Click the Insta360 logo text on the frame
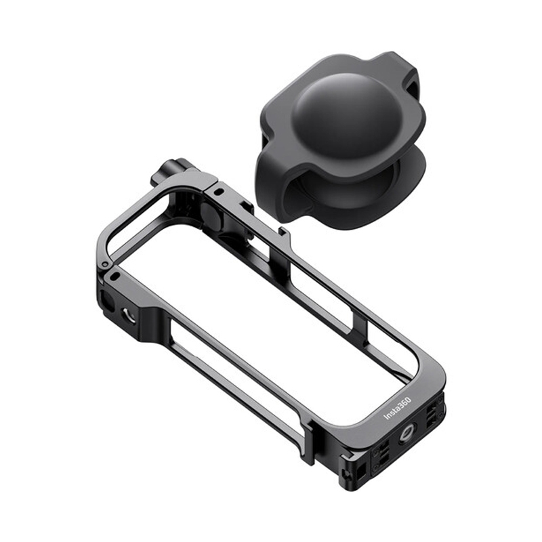click(x=397, y=409)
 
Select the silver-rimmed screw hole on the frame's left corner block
click(x=129, y=316)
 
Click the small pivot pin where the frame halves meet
click(x=105, y=264)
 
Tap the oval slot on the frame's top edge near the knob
click(x=218, y=190)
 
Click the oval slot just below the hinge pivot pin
click(x=115, y=276)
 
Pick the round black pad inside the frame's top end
click(x=211, y=214)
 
